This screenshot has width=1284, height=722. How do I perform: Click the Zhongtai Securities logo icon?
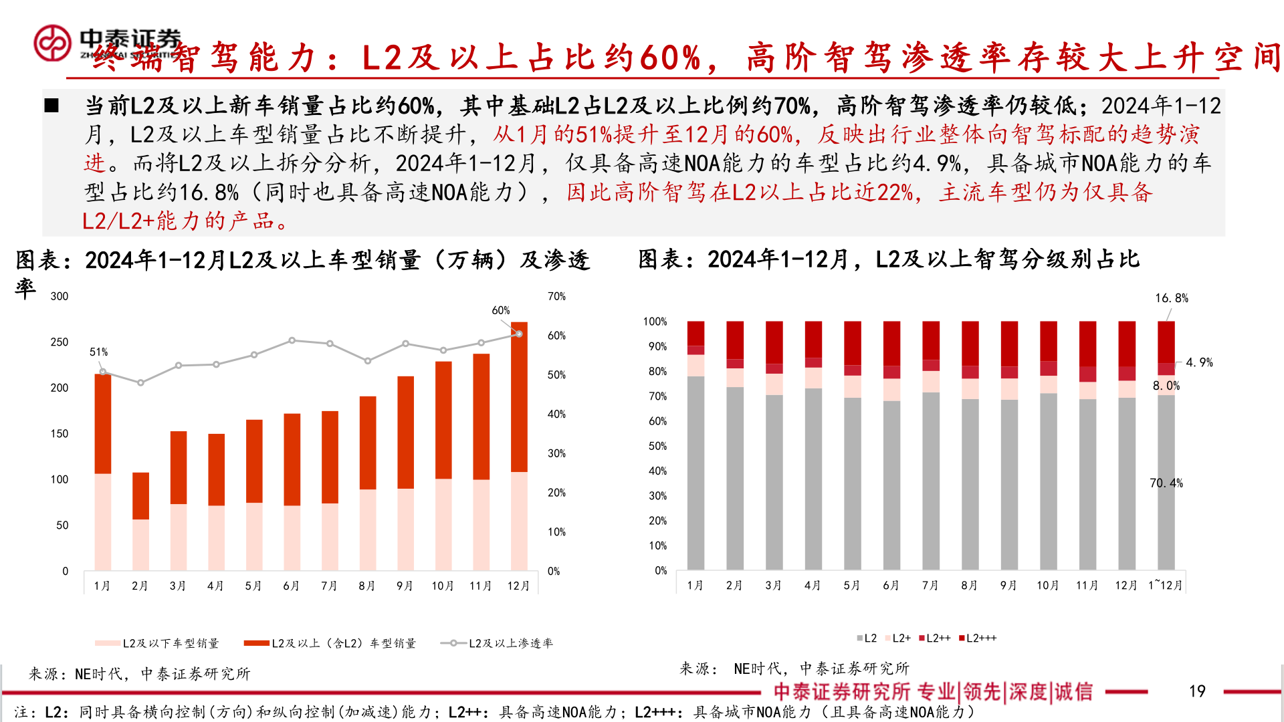pos(52,43)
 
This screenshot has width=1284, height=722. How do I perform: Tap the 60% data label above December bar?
pos(500,310)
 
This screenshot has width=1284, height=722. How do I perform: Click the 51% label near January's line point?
pos(98,352)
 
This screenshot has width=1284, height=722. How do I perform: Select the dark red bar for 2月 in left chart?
pos(140,495)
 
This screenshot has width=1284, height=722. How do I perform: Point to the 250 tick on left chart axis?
pos(59,342)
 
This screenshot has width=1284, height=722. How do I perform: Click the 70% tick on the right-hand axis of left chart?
pos(556,296)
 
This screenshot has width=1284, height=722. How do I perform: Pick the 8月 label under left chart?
pos(366,586)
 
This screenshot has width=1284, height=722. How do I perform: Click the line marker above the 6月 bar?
pos(292,340)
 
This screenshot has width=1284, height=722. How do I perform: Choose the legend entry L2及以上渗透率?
pos(498,643)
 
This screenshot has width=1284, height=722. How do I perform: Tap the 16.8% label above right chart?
pos(1172,298)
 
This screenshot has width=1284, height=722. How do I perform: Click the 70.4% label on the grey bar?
pos(1166,483)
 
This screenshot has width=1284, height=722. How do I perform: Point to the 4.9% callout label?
pos(1199,362)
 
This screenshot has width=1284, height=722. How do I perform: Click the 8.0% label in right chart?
pos(1166,386)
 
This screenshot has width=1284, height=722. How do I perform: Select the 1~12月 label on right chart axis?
pos(1165,585)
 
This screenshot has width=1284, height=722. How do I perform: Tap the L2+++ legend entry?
pos(978,638)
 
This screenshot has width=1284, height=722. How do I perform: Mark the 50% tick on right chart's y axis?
pos(657,446)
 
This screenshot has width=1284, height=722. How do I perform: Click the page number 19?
pos(1196,691)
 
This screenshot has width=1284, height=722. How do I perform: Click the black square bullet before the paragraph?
pos(51,106)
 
